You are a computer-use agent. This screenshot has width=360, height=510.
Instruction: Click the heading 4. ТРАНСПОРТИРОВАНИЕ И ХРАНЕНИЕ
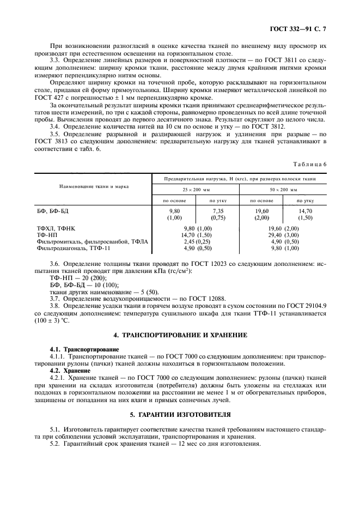click(180, 334)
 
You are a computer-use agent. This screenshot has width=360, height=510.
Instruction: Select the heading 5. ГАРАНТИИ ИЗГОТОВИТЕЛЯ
click(180, 414)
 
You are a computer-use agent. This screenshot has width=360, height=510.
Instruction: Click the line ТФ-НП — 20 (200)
click(78, 277)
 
